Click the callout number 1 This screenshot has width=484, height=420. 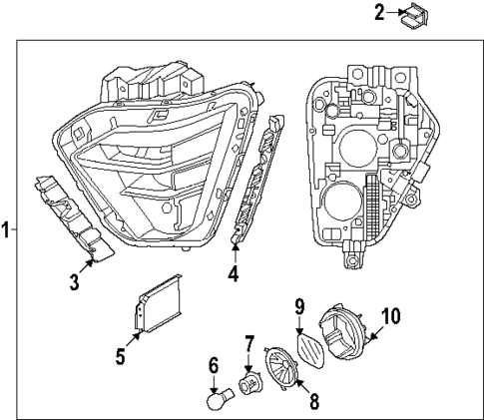(x=6, y=230)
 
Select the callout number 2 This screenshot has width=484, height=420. (x=379, y=13)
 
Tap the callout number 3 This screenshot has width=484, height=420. (x=74, y=282)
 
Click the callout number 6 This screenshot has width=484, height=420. (x=213, y=367)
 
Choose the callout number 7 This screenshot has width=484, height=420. (x=249, y=346)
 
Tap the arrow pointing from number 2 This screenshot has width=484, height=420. (x=393, y=14)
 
